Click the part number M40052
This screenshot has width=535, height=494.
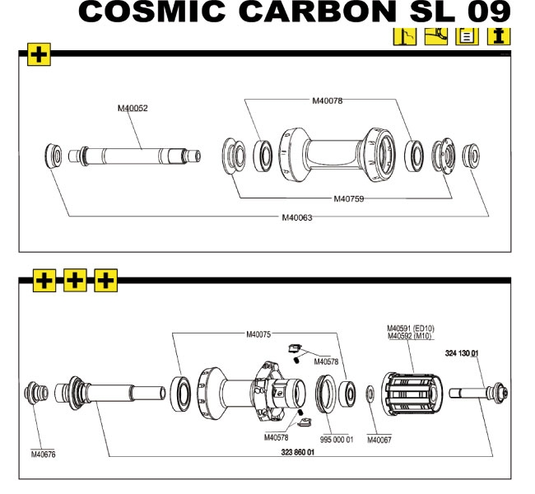(x=133, y=108)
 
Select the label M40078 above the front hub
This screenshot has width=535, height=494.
(x=327, y=100)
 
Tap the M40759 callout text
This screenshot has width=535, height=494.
(x=349, y=198)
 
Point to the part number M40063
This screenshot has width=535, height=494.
(x=297, y=217)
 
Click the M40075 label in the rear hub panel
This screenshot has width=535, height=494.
(x=260, y=334)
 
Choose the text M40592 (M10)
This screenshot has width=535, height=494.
(x=409, y=336)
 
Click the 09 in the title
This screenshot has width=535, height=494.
(x=487, y=12)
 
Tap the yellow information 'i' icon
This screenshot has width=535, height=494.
(x=499, y=36)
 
